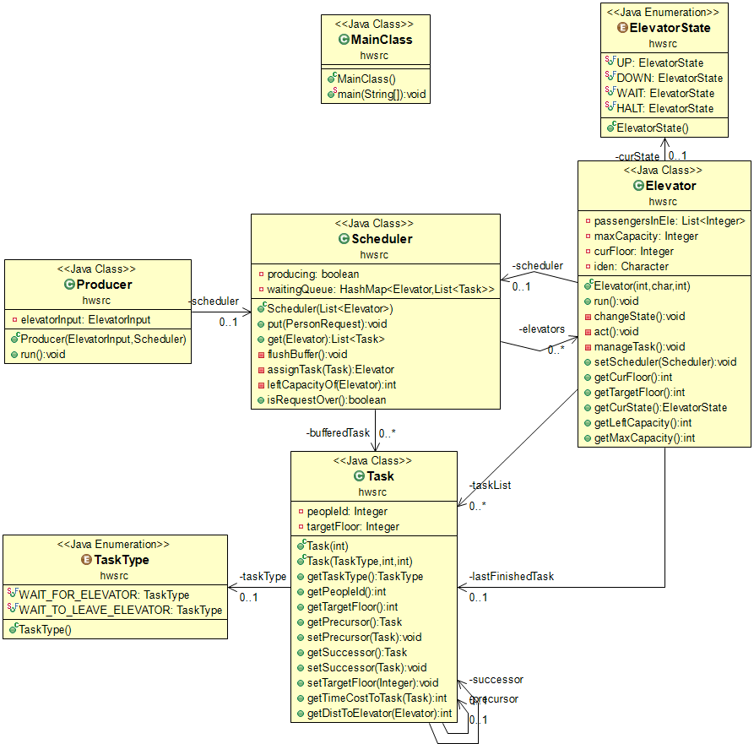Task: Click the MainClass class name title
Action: (x=382, y=40)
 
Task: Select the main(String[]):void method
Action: (x=382, y=95)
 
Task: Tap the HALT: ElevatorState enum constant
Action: (x=665, y=109)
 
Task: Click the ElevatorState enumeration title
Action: (x=670, y=28)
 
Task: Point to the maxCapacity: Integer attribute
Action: (x=646, y=236)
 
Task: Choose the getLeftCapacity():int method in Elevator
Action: (x=643, y=423)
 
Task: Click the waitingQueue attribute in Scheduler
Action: (x=380, y=289)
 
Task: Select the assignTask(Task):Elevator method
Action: (x=330, y=369)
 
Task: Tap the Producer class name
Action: (x=105, y=285)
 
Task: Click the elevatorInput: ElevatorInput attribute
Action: (x=85, y=320)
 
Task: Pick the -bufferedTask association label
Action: (x=338, y=433)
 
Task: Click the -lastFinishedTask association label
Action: (x=512, y=576)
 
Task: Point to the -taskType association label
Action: (x=263, y=576)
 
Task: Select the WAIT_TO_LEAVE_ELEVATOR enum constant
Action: (x=120, y=611)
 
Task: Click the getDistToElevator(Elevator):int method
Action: (x=379, y=714)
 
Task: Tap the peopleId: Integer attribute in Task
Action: (x=347, y=511)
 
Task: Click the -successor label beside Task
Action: (x=496, y=680)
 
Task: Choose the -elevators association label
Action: (x=542, y=329)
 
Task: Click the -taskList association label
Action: (x=490, y=486)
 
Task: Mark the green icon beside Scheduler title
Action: (x=344, y=238)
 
